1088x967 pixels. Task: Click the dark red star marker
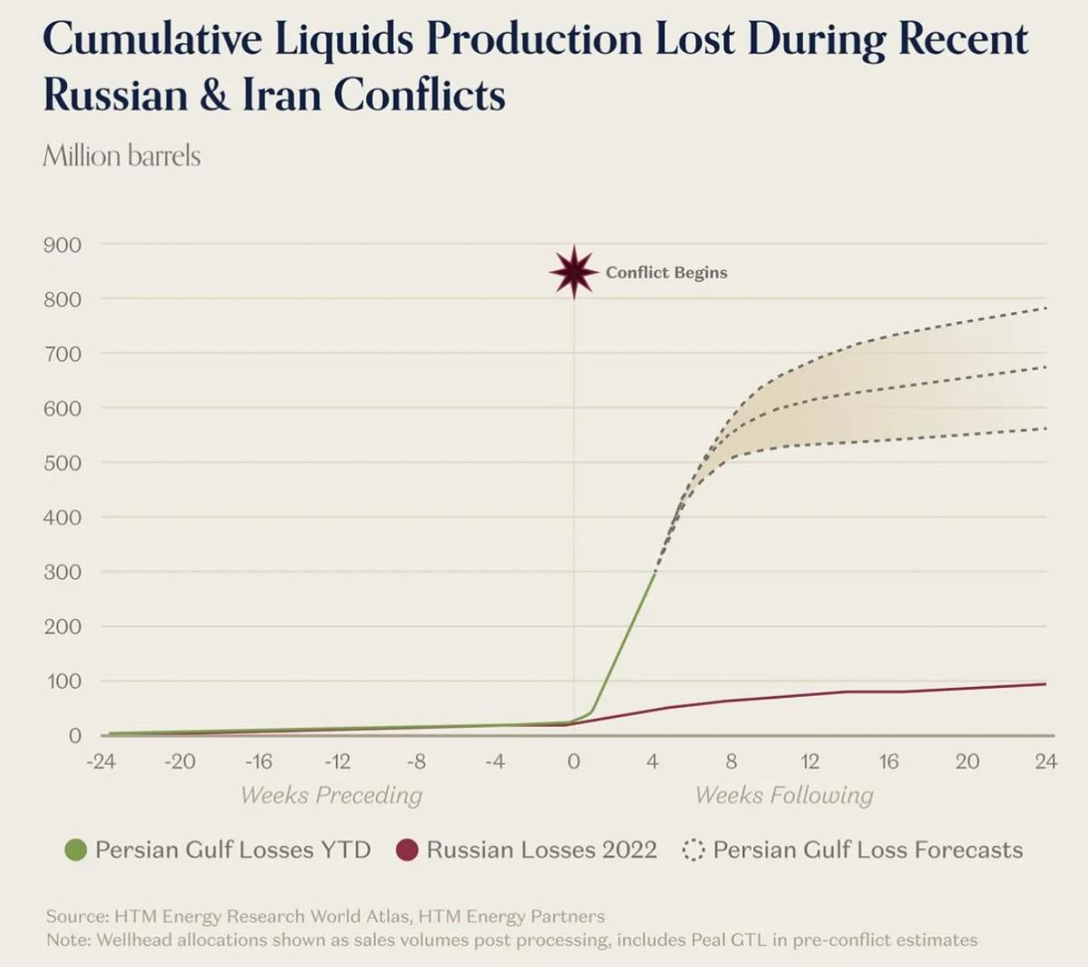click(574, 272)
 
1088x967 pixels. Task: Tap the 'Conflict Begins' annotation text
click(666, 273)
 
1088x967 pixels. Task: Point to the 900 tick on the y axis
click(63, 245)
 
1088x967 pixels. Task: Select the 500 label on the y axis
click(63, 463)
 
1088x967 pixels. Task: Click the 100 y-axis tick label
click(63, 681)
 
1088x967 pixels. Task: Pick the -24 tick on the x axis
click(101, 761)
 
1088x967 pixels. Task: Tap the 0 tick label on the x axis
click(573, 761)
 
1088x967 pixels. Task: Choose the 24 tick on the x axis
click(1045, 761)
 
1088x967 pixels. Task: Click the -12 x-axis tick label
click(337, 761)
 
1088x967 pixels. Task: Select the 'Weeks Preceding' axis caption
click(331, 795)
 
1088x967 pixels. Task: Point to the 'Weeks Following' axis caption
click(784, 795)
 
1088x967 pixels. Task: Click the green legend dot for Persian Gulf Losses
click(76, 850)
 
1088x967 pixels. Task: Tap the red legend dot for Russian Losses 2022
click(407, 850)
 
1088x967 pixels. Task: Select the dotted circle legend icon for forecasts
click(694, 850)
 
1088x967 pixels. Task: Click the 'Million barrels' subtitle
click(121, 156)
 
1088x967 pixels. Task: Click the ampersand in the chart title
click(215, 95)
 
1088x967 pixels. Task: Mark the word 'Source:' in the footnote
click(76, 916)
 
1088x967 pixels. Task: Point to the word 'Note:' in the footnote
click(68, 940)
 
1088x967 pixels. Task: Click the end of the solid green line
click(655, 573)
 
